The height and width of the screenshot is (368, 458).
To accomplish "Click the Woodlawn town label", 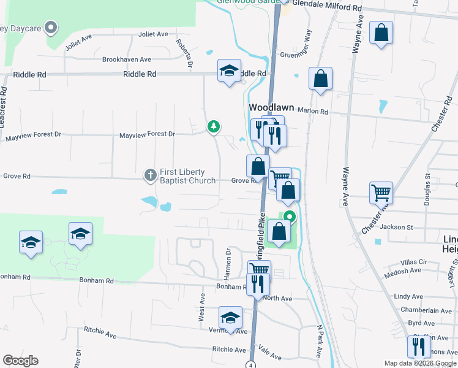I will point(272,107).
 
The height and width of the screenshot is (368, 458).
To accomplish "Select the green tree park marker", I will point(214,126).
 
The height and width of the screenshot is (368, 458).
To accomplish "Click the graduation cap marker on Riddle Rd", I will point(229,71).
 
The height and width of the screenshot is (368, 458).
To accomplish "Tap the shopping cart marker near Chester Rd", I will point(381,193).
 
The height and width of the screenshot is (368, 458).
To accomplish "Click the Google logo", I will point(20,361).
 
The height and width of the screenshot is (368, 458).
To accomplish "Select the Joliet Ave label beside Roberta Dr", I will point(153,34).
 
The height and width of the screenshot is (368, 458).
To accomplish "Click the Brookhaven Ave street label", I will point(127,59).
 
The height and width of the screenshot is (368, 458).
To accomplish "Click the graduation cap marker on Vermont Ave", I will point(230,318).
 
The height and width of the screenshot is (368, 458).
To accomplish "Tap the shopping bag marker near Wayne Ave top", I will point(381,34).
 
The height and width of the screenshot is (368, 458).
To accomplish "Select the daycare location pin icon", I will point(52,27).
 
